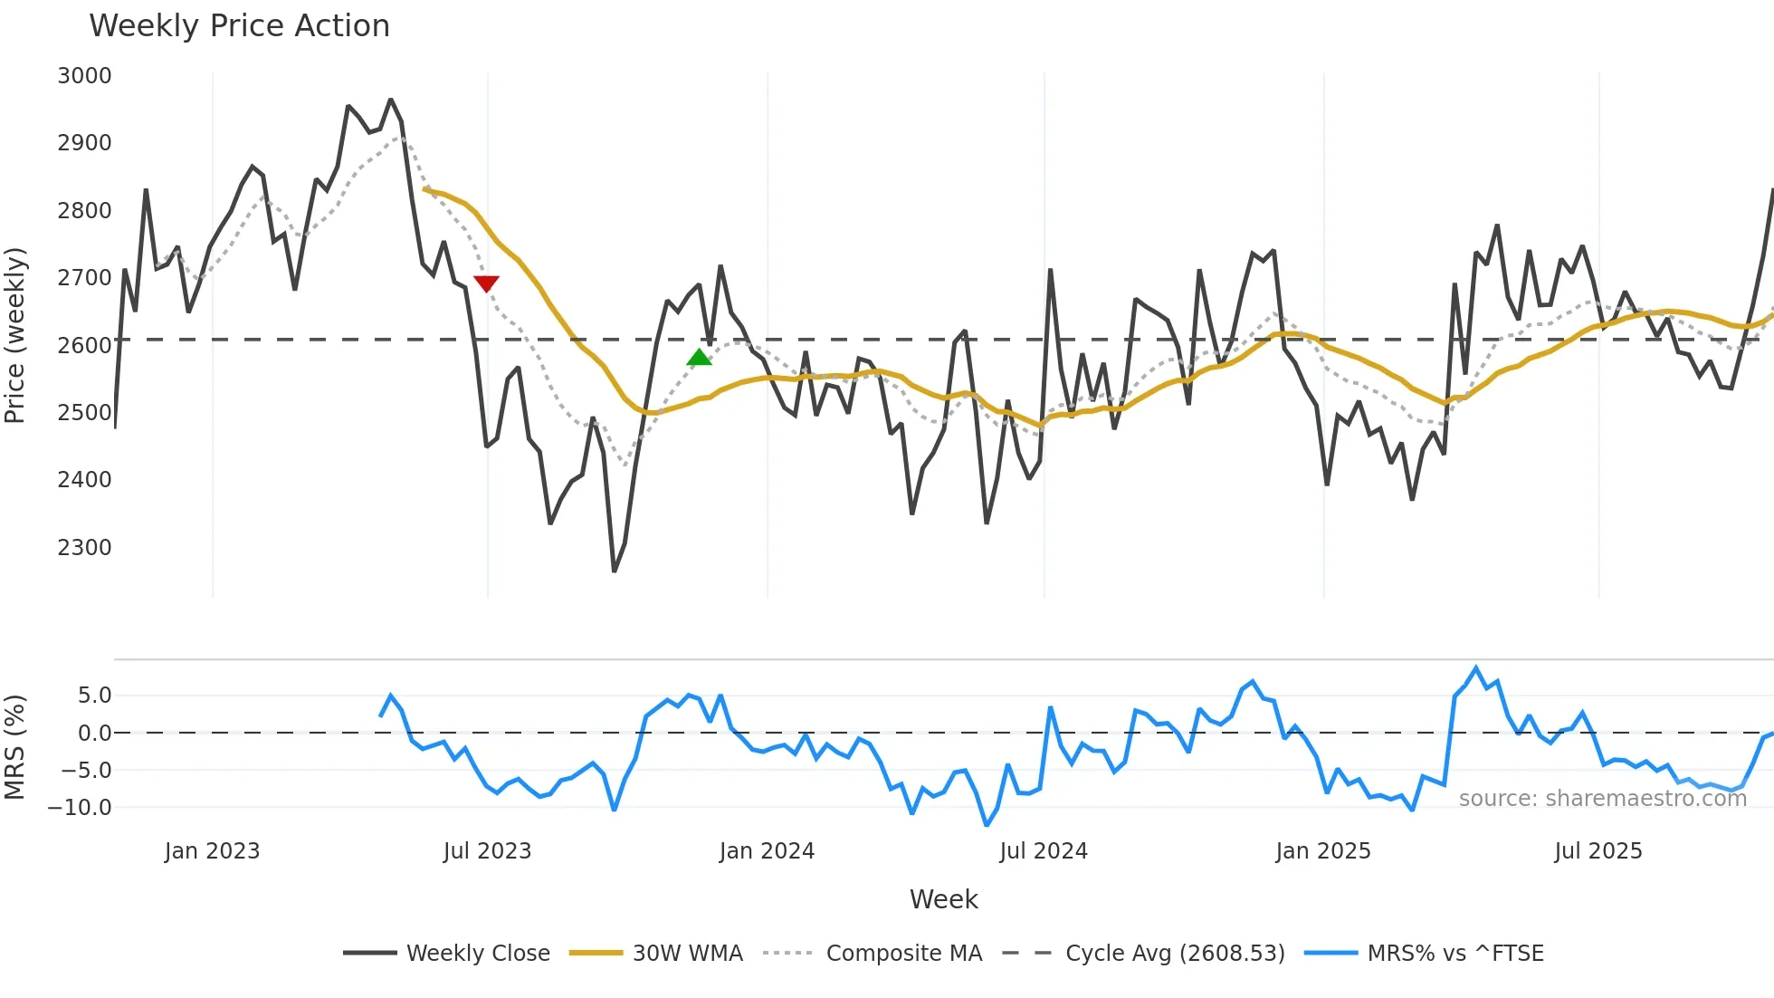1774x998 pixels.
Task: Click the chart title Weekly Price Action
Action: pyautogui.click(x=239, y=26)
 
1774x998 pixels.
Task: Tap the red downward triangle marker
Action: pyautogui.click(x=486, y=283)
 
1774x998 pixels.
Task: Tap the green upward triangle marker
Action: pyautogui.click(x=699, y=358)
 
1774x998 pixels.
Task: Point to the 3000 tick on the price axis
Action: pyautogui.click(x=84, y=76)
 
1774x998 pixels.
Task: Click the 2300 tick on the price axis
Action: pyautogui.click(x=84, y=548)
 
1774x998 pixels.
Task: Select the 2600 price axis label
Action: pyautogui.click(x=84, y=346)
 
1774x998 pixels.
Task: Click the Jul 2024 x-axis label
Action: pyautogui.click(x=1044, y=851)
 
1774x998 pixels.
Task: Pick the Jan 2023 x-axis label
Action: pyautogui.click(x=212, y=851)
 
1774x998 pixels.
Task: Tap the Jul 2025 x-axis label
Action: pyautogui.click(x=1598, y=851)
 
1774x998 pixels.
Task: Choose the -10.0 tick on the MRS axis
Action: pyautogui.click(x=81, y=808)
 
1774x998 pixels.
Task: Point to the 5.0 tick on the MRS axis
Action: pyautogui.click(x=94, y=696)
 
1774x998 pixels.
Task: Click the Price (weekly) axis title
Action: pyautogui.click(x=15, y=335)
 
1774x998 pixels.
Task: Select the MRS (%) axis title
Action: pyautogui.click(x=15, y=747)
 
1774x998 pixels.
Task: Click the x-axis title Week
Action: pyautogui.click(x=943, y=899)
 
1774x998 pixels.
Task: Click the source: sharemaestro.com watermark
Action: pyautogui.click(x=1602, y=799)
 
